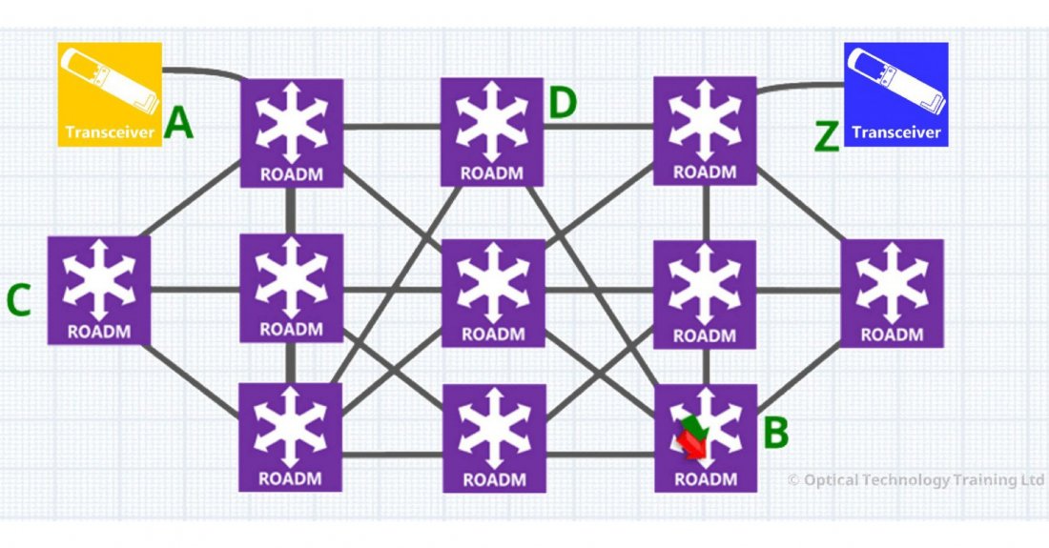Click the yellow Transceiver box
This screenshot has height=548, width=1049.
[x=109, y=93]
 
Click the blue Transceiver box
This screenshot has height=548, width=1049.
[x=896, y=93]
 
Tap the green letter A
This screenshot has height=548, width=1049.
[x=179, y=125]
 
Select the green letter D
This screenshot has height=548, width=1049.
[x=563, y=102]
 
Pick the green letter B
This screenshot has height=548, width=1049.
[x=776, y=433]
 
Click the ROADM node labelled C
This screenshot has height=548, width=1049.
[x=98, y=291]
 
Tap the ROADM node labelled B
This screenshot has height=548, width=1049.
[x=706, y=437]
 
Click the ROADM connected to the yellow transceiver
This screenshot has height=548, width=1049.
[x=292, y=132]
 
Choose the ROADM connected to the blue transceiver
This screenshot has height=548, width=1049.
[x=705, y=131]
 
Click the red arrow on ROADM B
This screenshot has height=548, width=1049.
[x=689, y=444]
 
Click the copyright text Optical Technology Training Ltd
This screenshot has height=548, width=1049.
[x=915, y=480]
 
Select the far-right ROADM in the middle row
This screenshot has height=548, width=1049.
[x=892, y=293]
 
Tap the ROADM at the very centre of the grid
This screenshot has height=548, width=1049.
[x=492, y=292]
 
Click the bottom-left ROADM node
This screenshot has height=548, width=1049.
[x=291, y=436]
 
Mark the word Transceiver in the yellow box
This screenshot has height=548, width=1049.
[x=109, y=132]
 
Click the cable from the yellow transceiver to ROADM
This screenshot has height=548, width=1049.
[x=205, y=70]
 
